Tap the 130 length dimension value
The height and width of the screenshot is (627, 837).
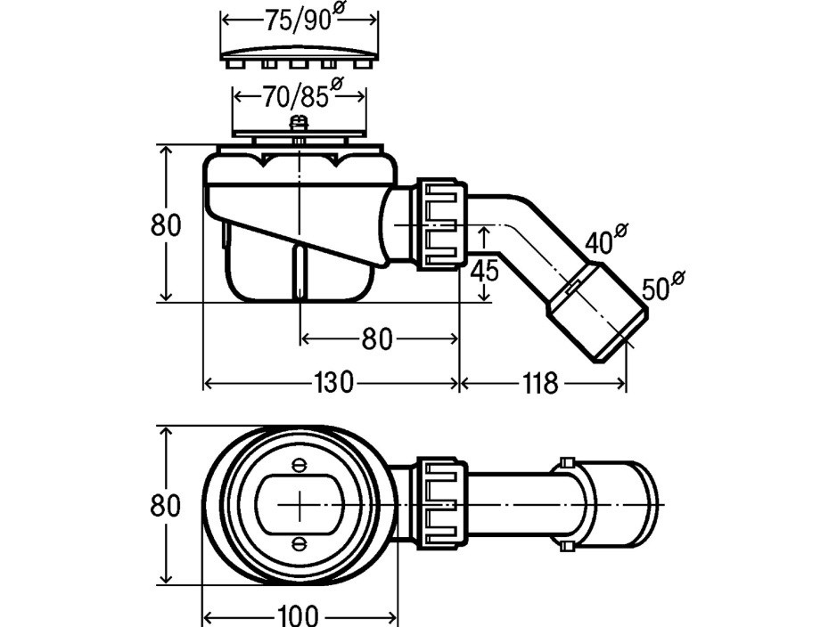tap(333, 383)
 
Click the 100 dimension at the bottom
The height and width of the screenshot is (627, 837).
tap(300, 616)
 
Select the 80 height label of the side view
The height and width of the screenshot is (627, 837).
tap(166, 225)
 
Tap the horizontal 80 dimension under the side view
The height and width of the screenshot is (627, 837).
tap(379, 338)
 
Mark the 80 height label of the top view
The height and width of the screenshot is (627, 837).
tap(166, 505)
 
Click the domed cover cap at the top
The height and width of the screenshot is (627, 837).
tap(300, 53)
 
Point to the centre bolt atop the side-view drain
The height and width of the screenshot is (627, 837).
tap(300, 126)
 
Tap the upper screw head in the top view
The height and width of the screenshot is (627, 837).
tap(300, 464)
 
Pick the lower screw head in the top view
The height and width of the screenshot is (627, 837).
tap(300, 542)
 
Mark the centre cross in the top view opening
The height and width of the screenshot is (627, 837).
tap(300, 503)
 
